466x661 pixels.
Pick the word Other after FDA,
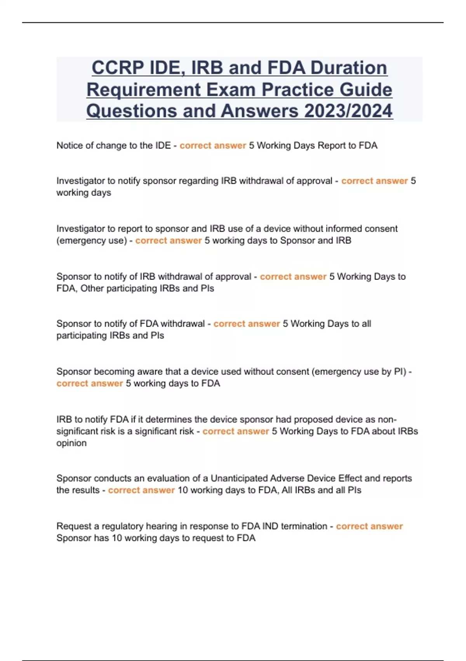point(92,289)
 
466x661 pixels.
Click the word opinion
point(71,443)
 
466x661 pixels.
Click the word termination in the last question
point(304,526)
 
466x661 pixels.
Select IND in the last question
point(270,526)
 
